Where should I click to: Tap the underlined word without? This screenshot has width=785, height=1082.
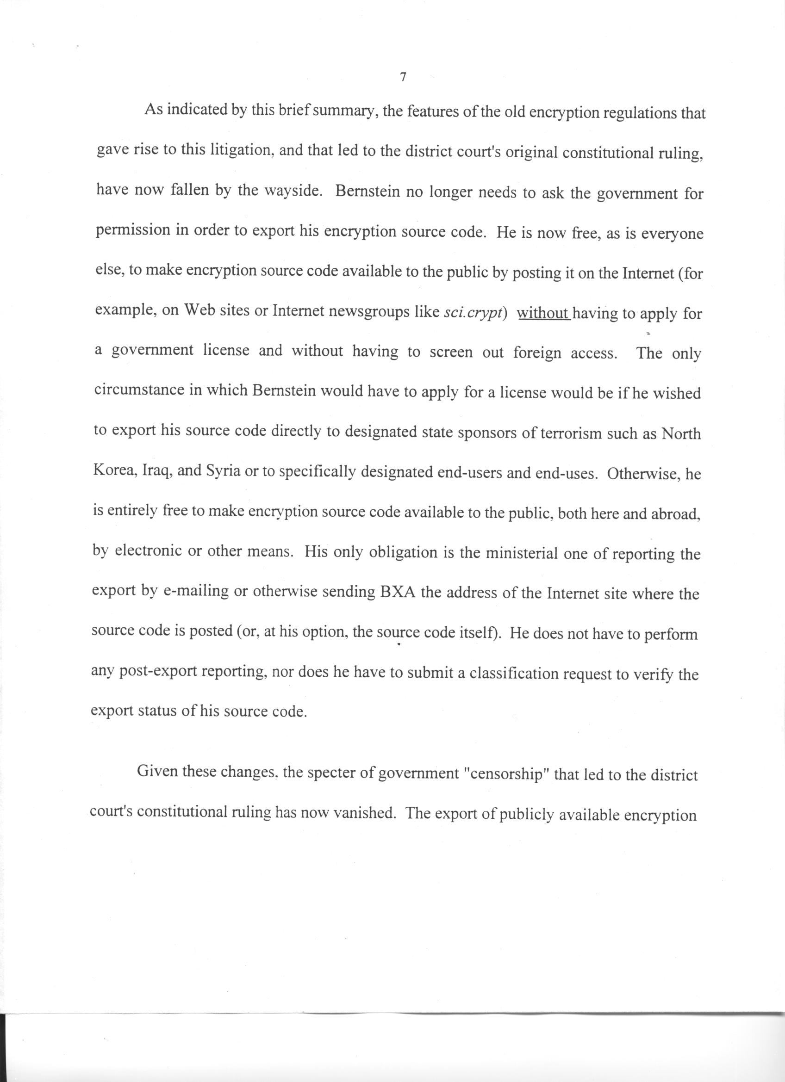click(x=543, y=313)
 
